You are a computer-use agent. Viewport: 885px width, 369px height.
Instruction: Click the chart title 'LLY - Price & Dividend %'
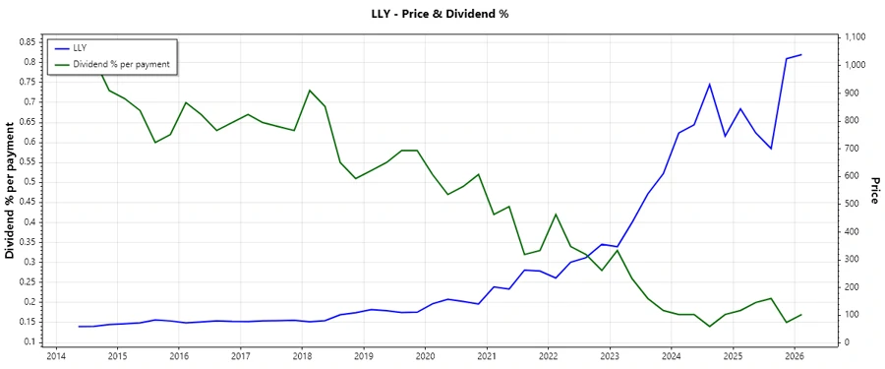coord(442,14)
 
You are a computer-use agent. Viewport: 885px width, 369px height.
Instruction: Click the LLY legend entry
coord(81,47)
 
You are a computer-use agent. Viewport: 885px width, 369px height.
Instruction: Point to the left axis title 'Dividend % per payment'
coord(11,190)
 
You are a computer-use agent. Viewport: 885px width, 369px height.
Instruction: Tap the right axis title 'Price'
coord(874,190)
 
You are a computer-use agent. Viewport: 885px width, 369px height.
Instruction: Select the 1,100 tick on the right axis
coord(855,37)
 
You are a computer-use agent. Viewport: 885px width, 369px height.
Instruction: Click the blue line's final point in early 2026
coord(801,55)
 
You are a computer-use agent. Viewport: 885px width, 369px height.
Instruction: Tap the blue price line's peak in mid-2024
coord(710,85)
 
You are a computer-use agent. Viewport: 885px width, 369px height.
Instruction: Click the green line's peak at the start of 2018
coord(310,91)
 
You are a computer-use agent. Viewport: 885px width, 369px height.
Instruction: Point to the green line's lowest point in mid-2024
coord(710,326)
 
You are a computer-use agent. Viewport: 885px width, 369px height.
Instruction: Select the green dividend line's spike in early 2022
coord(556,215)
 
